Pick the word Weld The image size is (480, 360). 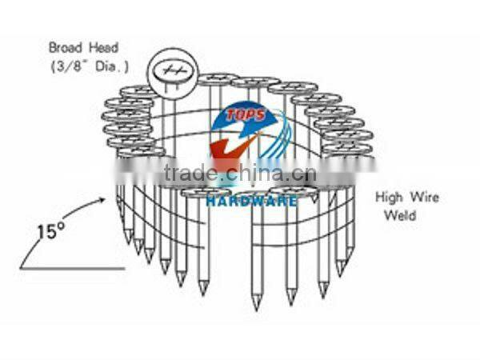pyautogui.click(x=399, y=216)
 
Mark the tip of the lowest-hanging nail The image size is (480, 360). pyautogui.click(x=256, y=308)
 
